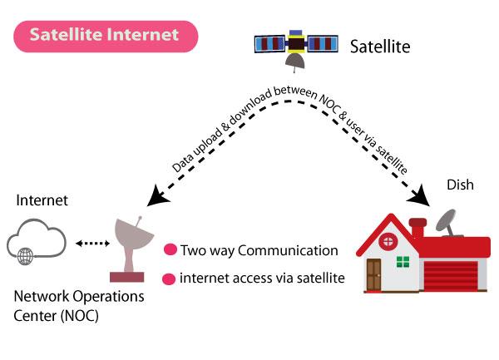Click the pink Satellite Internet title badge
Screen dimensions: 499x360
click(x=106, y=37)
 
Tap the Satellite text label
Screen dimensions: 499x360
click(x=380, y=47)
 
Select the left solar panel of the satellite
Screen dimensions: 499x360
click(x=269, y=44)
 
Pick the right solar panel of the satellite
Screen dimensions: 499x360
click(x=323, y=43)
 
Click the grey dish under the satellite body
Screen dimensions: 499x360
click(x=295, y=61)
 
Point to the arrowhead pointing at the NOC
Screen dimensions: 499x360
click(x=157, y=196)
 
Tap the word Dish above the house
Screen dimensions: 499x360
click(x=460, y=185)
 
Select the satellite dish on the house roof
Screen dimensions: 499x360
click(x=447, y=223)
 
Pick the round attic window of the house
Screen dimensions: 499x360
click(x=388, y=241)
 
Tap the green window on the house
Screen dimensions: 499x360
click(x=403, y=262)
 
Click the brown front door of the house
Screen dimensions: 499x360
click(x=373, y=274)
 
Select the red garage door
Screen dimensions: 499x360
click(x=451, y=275)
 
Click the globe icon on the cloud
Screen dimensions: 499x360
click(x=26, y=256)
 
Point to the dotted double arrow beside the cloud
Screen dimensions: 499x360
click(x=92, y=244)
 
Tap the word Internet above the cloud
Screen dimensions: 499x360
click(x=42, y=200)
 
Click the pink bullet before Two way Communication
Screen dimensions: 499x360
click(x=170, y=249)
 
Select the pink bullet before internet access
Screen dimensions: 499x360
click(x=169, y=279)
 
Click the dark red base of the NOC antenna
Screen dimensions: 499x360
click(x=127, y=277)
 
